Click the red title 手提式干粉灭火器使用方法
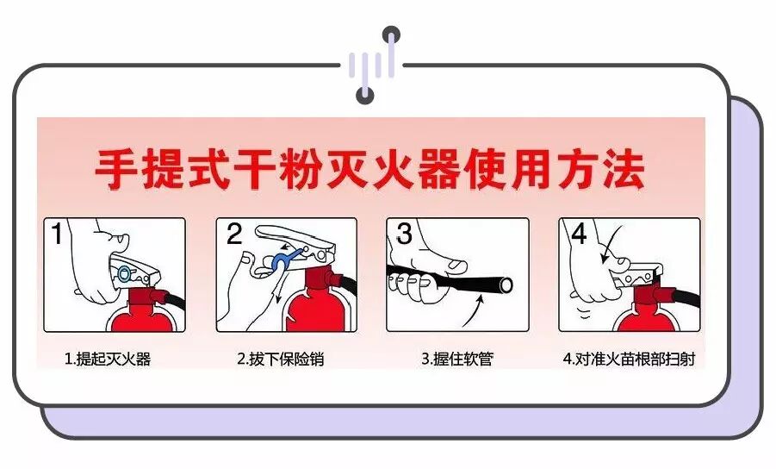(x=369, y=169)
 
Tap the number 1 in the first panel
(x=57, y=234)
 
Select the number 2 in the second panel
(x=233, y=234)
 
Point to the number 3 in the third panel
(x=404, y=234)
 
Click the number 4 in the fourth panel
(x=579, y=234)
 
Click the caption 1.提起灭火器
(x=108, y=359)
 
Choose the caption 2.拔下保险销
(x=280, y=359)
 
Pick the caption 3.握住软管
(x=457, y=359)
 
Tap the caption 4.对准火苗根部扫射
(x=629, y=359)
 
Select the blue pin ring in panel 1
(x=124, y=272)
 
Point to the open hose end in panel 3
(x=506, y=285)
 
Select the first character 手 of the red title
(x=115, y=169)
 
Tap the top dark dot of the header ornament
(x=392, y=35)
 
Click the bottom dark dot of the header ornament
(x=365, y=95)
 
